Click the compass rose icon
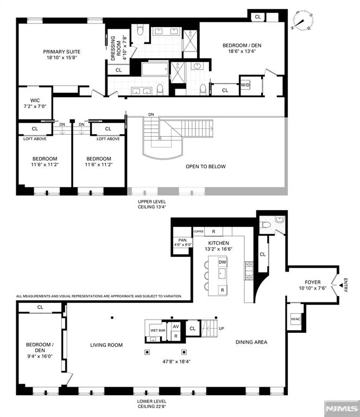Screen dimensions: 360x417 click(x=303, y=20)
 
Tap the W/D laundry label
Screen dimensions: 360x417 click(x=245, y=85)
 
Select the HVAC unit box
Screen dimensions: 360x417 click(x=295, y=319)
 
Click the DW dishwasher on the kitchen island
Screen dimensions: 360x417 click(x=222, y=262)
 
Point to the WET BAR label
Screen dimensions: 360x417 click(x=158, y=330)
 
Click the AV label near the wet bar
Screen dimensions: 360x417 click(x=176, y=326)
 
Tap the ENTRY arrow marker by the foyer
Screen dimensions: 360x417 click(x=341, y=285)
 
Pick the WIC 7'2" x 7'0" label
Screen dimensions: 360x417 click(x=35, y=103)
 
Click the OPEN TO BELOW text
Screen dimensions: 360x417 click(x=206, y=167)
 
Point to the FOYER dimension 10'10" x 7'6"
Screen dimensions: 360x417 click(x=313, y=288)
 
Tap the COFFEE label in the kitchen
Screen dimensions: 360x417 click(x=199, y=231)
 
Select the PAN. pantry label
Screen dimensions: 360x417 click(x=183, y=240)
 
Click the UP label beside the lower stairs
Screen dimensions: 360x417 click(x=221, y=328)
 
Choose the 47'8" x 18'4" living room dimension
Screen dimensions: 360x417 click(x=176, y=362)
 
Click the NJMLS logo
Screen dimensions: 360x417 click(x=342, y=408)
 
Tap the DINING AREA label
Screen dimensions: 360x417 click(x=251, y=342)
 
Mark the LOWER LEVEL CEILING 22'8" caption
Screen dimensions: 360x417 click(x=152, y=404)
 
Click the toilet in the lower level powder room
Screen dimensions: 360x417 click(x=266, y=225)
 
